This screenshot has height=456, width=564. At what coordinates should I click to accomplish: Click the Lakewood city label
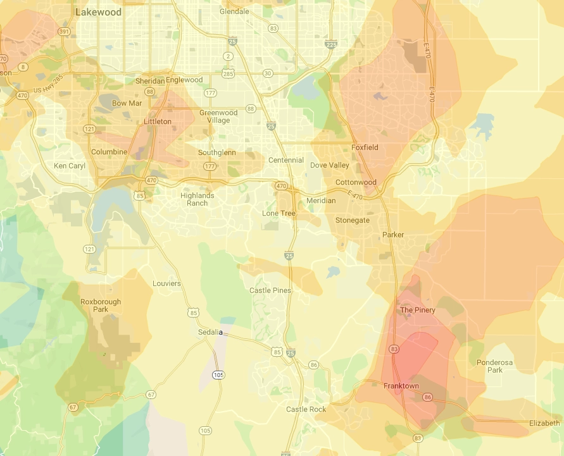[99, 11]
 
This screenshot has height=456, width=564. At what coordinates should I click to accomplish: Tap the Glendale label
[234, 11]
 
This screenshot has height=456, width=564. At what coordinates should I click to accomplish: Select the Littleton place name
[158, 121]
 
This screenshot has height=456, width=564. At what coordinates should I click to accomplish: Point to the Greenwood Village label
[218, 116]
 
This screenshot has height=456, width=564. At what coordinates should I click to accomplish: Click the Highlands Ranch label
[197, 199]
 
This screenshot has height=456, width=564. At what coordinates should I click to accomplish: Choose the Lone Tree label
[279, 213]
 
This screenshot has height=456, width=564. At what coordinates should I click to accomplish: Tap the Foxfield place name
[365, 147]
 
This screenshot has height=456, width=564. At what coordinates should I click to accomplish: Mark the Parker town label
[393, 235]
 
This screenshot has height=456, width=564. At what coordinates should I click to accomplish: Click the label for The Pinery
[418, 310]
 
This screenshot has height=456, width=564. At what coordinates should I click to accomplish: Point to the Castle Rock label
[306, 409]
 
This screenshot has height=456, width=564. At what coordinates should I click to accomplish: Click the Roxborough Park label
[101, 305]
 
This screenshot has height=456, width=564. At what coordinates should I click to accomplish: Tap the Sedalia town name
[210, 332]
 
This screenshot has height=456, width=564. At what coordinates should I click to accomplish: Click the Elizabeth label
[544, 423]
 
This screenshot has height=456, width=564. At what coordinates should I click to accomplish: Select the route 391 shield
[64, 31]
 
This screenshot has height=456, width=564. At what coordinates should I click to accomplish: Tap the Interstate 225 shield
[330, 44]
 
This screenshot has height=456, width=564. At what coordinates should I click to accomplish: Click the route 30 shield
[268, 73]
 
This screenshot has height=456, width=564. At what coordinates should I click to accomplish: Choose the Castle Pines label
[270, 290]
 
